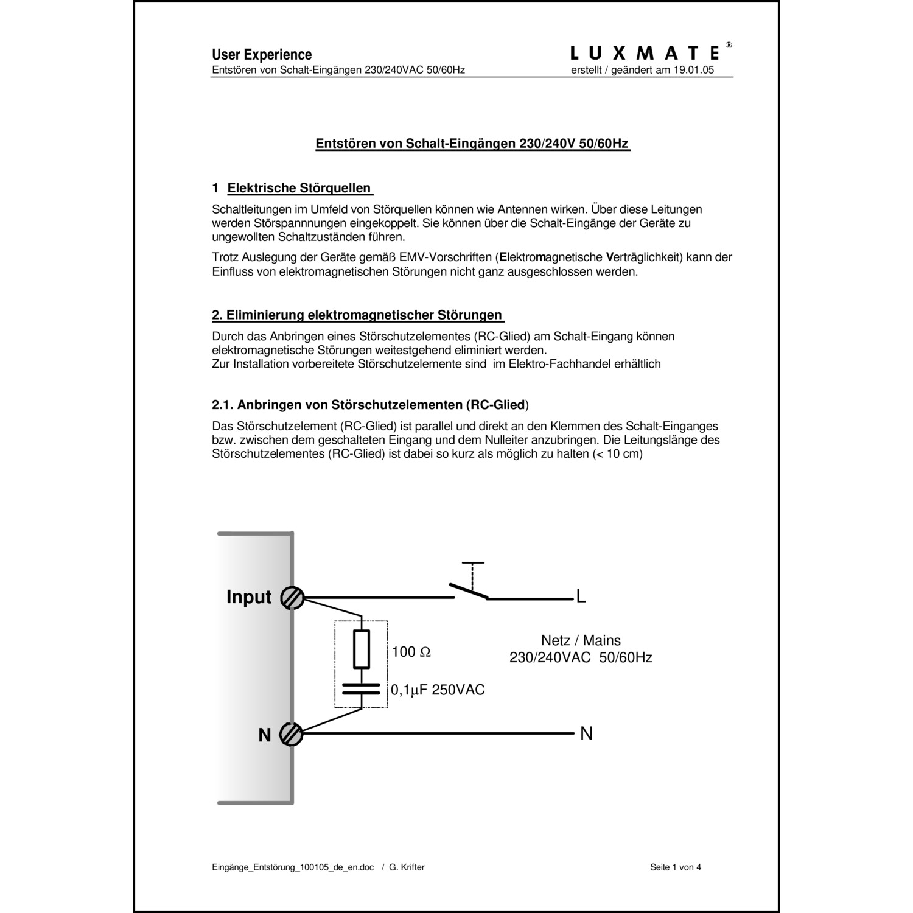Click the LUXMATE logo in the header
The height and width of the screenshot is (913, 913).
pyautogui.click(x=646, y=53)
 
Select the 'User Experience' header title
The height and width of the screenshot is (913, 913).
pyautogui.click(x=262, y=55)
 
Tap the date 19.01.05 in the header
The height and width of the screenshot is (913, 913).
pyautogui.click(x=693, y=70)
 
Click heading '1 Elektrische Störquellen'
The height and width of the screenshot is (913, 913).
pyautogui.click(x=292, y=188)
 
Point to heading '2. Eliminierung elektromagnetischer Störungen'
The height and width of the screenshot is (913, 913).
pyautogui.click(x=357, y=315)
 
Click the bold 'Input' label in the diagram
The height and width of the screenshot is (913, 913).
pyautogui.click(x=249, y=597)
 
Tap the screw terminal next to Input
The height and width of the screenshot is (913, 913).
pyautogui.click(x=292, y=598)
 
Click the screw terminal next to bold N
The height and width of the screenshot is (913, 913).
pyautogui.click(x=292, y=735)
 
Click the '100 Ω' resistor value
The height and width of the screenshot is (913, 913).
pyautogui.click(x=411, y=652)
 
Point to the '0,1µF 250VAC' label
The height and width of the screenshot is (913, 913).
pyautogui.click(x=438, y=690)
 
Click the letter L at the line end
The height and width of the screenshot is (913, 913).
pyautogui.click(x=581, y=597)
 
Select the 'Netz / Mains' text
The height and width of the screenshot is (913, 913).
pyautogui.click(x=581, y=640)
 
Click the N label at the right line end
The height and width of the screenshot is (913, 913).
pyautogui.click(x=586, y=734)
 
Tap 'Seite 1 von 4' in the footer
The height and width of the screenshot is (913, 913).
pyautogui.click(x=676, y=867)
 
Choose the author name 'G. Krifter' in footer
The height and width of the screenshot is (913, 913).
pyautogui.click(x=407, y=867)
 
